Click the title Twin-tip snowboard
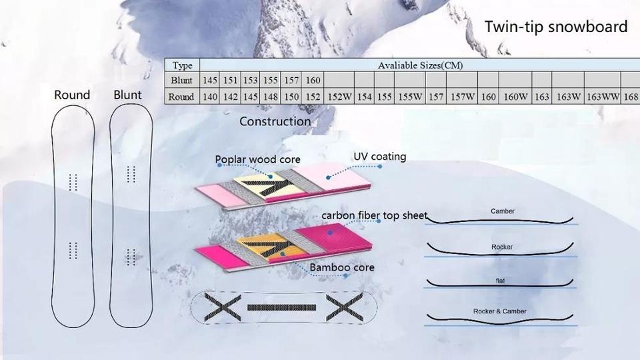coord(555,27)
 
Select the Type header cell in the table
coord(182,65)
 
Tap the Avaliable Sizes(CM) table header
coord(420,65)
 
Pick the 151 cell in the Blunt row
coord(231,81)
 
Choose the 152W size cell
coord(339,97)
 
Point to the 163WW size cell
coord(603,97)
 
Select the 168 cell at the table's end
coord(631,97)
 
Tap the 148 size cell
coord(271,97)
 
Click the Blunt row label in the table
coord(181,81)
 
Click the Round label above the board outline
coord(72,95)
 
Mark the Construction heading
coord(275,121)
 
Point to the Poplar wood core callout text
coord(257,159)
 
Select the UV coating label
coord(379,157)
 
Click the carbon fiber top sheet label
coord(374,216)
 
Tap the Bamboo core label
coord(342,267)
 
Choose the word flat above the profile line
coord(501,281)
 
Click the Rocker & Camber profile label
coord(500,311)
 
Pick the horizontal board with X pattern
coord(284,307)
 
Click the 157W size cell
coord(463,97)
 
